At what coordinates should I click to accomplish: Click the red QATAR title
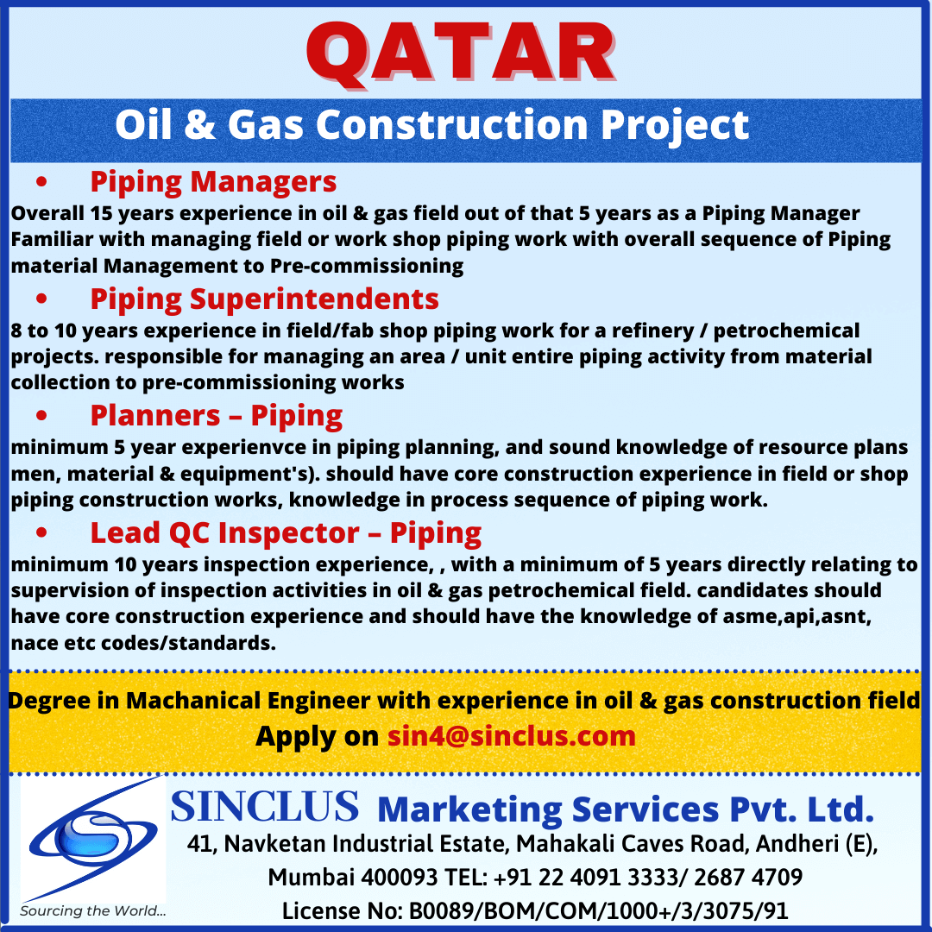[x=461, y=54]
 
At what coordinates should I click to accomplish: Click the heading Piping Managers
[x=213, y=182]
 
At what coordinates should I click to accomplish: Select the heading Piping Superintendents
[x=265, y=299]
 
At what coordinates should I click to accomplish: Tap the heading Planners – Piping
[x=217, y=415]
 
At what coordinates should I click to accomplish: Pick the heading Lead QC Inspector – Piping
[x=286, y=533]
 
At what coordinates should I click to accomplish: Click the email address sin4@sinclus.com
[x=512, y=736]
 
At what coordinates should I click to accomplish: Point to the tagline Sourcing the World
[x=92, y=910]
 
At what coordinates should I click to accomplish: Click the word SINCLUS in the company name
[x=265, y=806]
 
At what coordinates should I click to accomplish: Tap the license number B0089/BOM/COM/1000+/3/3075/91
[x=599, y=910]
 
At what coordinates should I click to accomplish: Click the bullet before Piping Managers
[x=41, y=181]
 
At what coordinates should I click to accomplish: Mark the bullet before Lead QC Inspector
[x=41, y=532]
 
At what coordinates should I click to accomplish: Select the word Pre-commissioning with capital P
[x=367, y=266]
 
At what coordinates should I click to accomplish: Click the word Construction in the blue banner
[x=452, y=125]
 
